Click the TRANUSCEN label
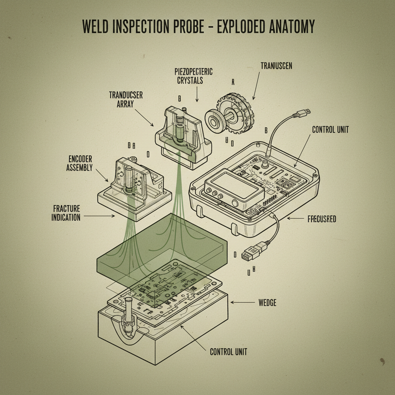pyautogui.click(x=276, y=66)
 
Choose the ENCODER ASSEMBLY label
pyautogui.click(x=79, y=163)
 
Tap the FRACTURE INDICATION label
pyautogui.click(x=66, y=213)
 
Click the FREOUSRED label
pyautogui.click(x=322, y=219)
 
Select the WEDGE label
pyautogui.click(x=267, y=303)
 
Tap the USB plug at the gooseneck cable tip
pyautogui.click(x=303, y=112)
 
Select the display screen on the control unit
pyautogui.click(x=233, y=186)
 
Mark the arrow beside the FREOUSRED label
pyautogui.click(x=296, y=219)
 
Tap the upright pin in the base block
pyautogui.click(x=128, y=309)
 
